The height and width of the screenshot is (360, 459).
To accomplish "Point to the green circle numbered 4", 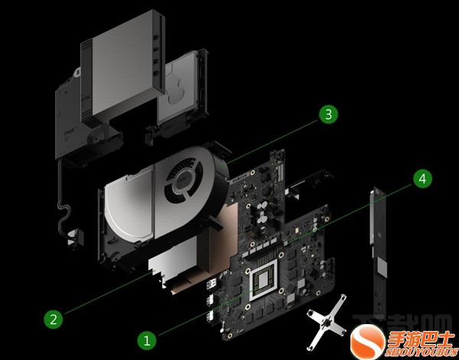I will pos(421,179).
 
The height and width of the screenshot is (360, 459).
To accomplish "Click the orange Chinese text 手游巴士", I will pos(418,335).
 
